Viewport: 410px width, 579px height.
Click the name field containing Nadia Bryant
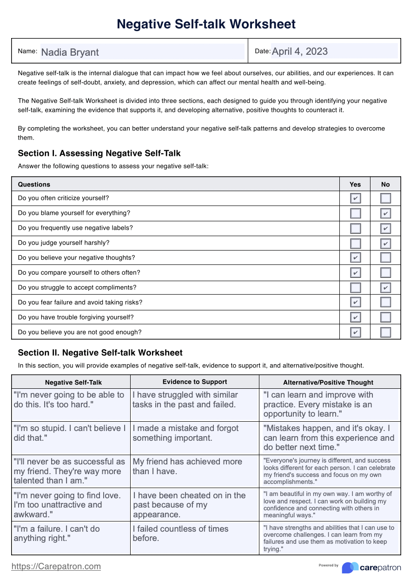pyautogui.click(x=142, y=51)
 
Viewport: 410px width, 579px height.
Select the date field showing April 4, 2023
pyautogui.click(x=334, y=51)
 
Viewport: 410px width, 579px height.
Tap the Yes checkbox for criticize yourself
pyautogui.click(x=355, y=199)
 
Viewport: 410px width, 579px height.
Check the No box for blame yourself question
pyautogui.click(x=385, y=213)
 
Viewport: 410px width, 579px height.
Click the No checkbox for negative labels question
pyautogui.click(x=385, y=228)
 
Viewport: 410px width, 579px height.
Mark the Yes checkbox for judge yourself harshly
pyautogui.click(x=355, y=243)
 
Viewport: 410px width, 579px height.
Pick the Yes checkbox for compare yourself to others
pyautogui.click(x=355, y=273)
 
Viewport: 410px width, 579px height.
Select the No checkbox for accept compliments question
pyautogui.click(x=385, y=288)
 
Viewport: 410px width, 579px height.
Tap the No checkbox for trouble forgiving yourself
pyautogui.click(x=385, y=317)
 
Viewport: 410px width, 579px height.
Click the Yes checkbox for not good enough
pyautogui.click(x=355, y=332)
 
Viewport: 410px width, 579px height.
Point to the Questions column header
pyautogui.click(x=34, y=184)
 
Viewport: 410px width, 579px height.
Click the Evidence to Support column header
pyautogui.click(x=195, y=382)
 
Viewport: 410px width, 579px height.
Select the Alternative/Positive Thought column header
pyautogui.click(x=328, y=382)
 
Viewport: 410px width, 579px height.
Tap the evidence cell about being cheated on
pyautogui.click(x=194, y=504)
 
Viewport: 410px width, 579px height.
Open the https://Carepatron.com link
pyautogui.click(x=56, y=566)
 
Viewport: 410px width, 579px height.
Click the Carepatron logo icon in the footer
pyautogui.click(x=350, y=567)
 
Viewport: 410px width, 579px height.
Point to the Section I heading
pyautogui.click(x=99, y=153)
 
